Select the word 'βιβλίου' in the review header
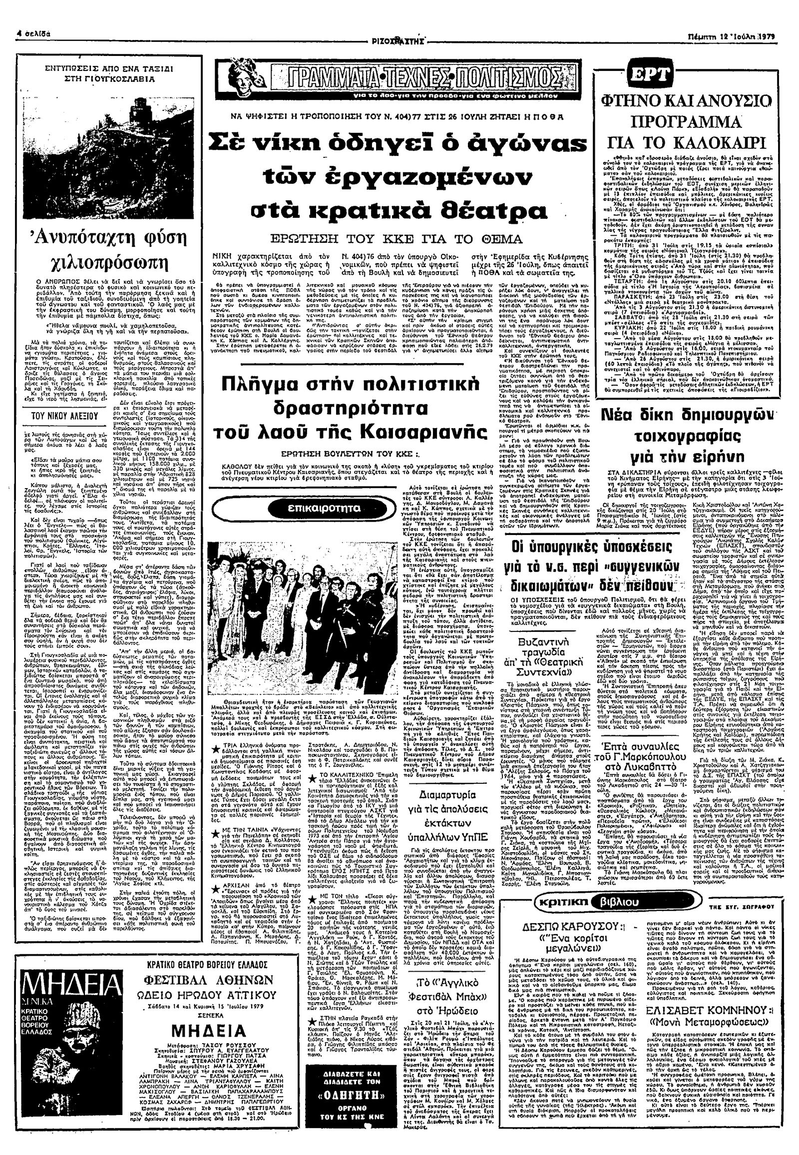pyautogui.click(x=617, y=903)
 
